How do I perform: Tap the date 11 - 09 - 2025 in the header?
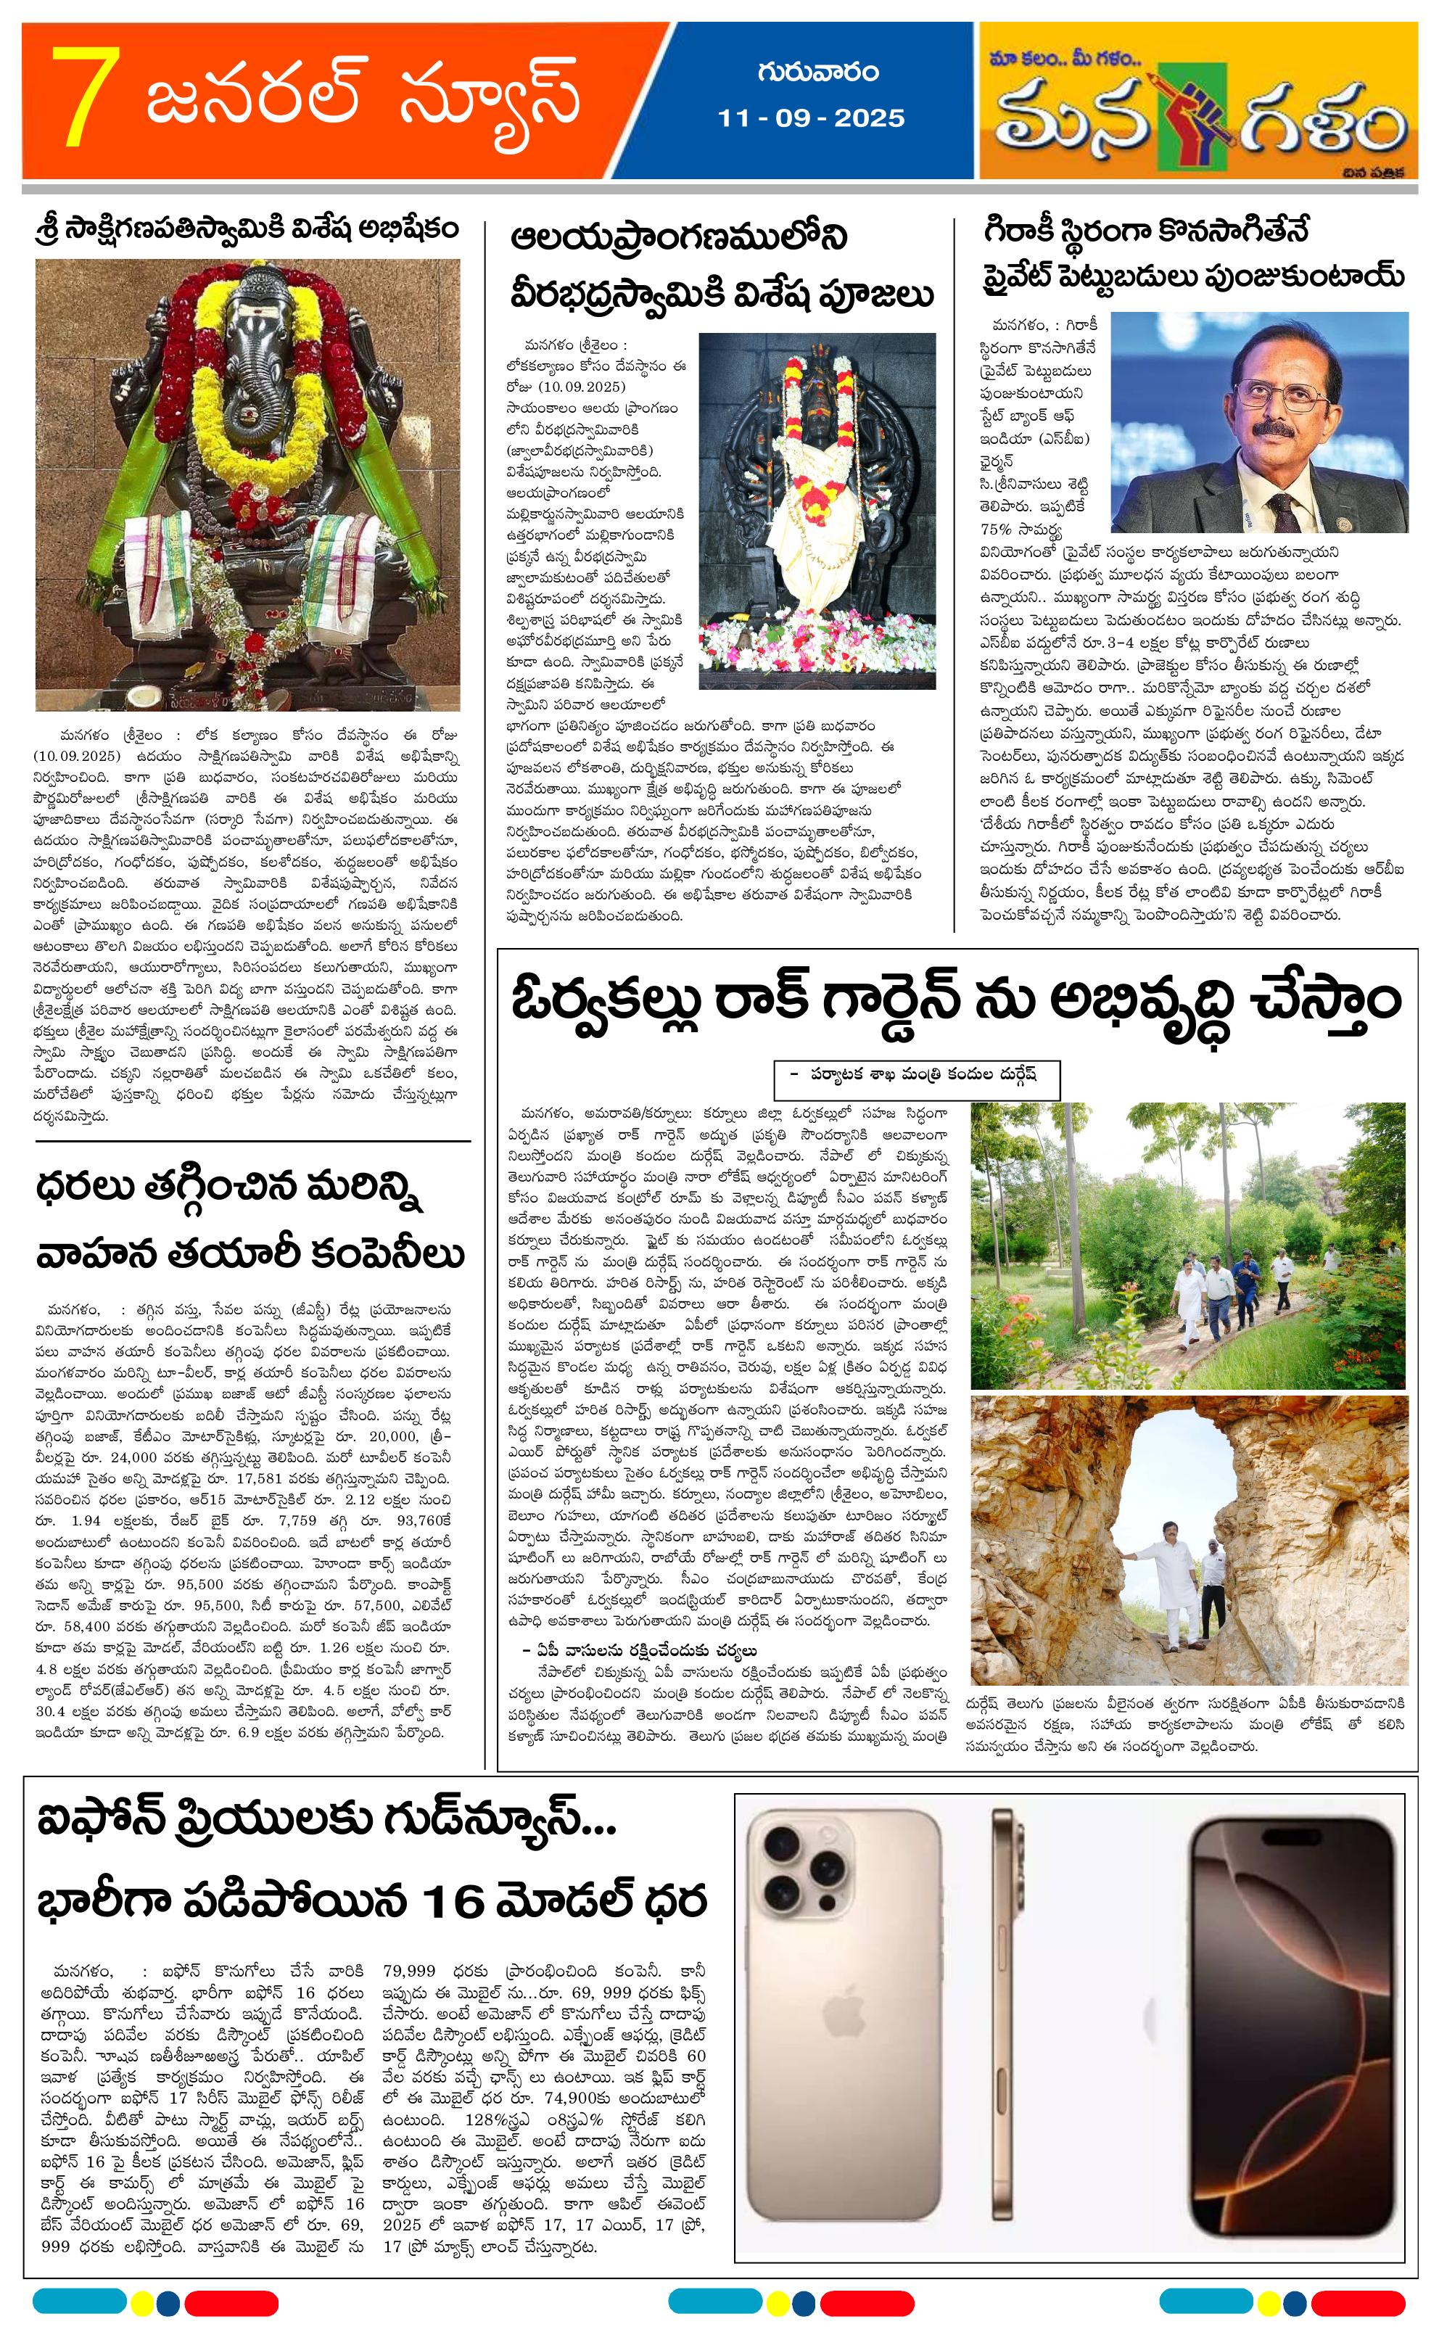(x=810, y=118)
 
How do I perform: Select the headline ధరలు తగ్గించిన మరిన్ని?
(x=228, y=1192)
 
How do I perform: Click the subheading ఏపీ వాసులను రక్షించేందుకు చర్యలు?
(x=640, y=1650)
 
